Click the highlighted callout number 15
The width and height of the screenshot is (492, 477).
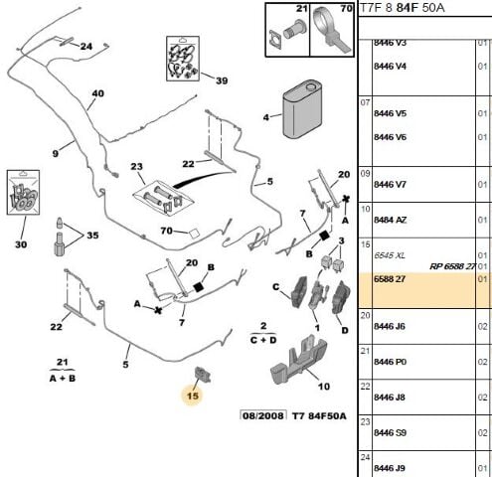pos(192,396)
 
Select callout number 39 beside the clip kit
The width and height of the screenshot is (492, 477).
pos(222,80)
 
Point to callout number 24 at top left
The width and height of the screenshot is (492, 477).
pos(86,47)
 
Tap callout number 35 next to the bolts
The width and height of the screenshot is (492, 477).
pos(93,236)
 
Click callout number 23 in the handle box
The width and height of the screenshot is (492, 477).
pos(136,168)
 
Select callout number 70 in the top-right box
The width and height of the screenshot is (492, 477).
pos(320,11)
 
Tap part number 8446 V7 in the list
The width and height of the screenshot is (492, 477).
pos(389,185)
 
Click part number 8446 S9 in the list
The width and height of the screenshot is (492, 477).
pos(389,434)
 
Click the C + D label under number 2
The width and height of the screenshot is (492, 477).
pos(262,339)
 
